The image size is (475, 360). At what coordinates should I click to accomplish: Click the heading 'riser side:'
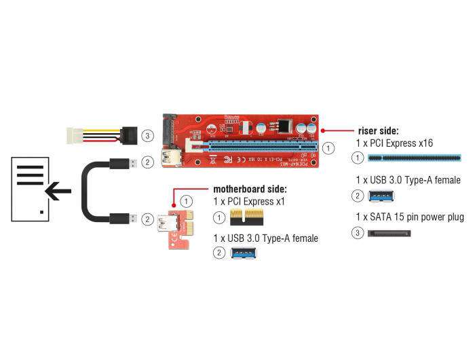pyautogui.click(x=377, y=130)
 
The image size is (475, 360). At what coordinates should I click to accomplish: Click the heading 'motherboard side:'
pyautogui.click(x=250, y=188)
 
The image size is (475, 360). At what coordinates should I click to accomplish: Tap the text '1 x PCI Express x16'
pyautogui.click(x=394, y=143)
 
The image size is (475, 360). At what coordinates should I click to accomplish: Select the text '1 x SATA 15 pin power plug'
pyautogui.click(x=408, y=217)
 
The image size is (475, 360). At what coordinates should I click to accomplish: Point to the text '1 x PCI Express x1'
pyautogui.click(x=248, y=202)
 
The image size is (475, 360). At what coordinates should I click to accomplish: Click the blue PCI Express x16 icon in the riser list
pyautogui.click(x=414, y=158)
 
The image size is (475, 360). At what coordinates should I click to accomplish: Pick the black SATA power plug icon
pyautogui.click(x=389, y=233)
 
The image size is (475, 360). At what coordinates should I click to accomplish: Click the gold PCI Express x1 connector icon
pyautogui.click(x=246, y=217)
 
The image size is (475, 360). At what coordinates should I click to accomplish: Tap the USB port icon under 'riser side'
pyautogui.click(x=381, y=196)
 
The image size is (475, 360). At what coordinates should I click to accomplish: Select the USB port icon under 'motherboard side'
pyautogui.click(x=245, y=253)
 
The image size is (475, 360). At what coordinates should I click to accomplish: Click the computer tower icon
pyautogui.click(x=31, y=188)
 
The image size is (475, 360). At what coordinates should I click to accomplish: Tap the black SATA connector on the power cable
pyautogui.click(x=129, y=134)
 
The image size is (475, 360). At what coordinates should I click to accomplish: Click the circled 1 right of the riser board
pyautogui.click(x=328, y=147)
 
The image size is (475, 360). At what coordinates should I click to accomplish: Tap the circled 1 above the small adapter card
pyautogui.click(x=187, y=202)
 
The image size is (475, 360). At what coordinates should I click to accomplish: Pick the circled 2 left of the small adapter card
pyautogui.click(x=147, y=219)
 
